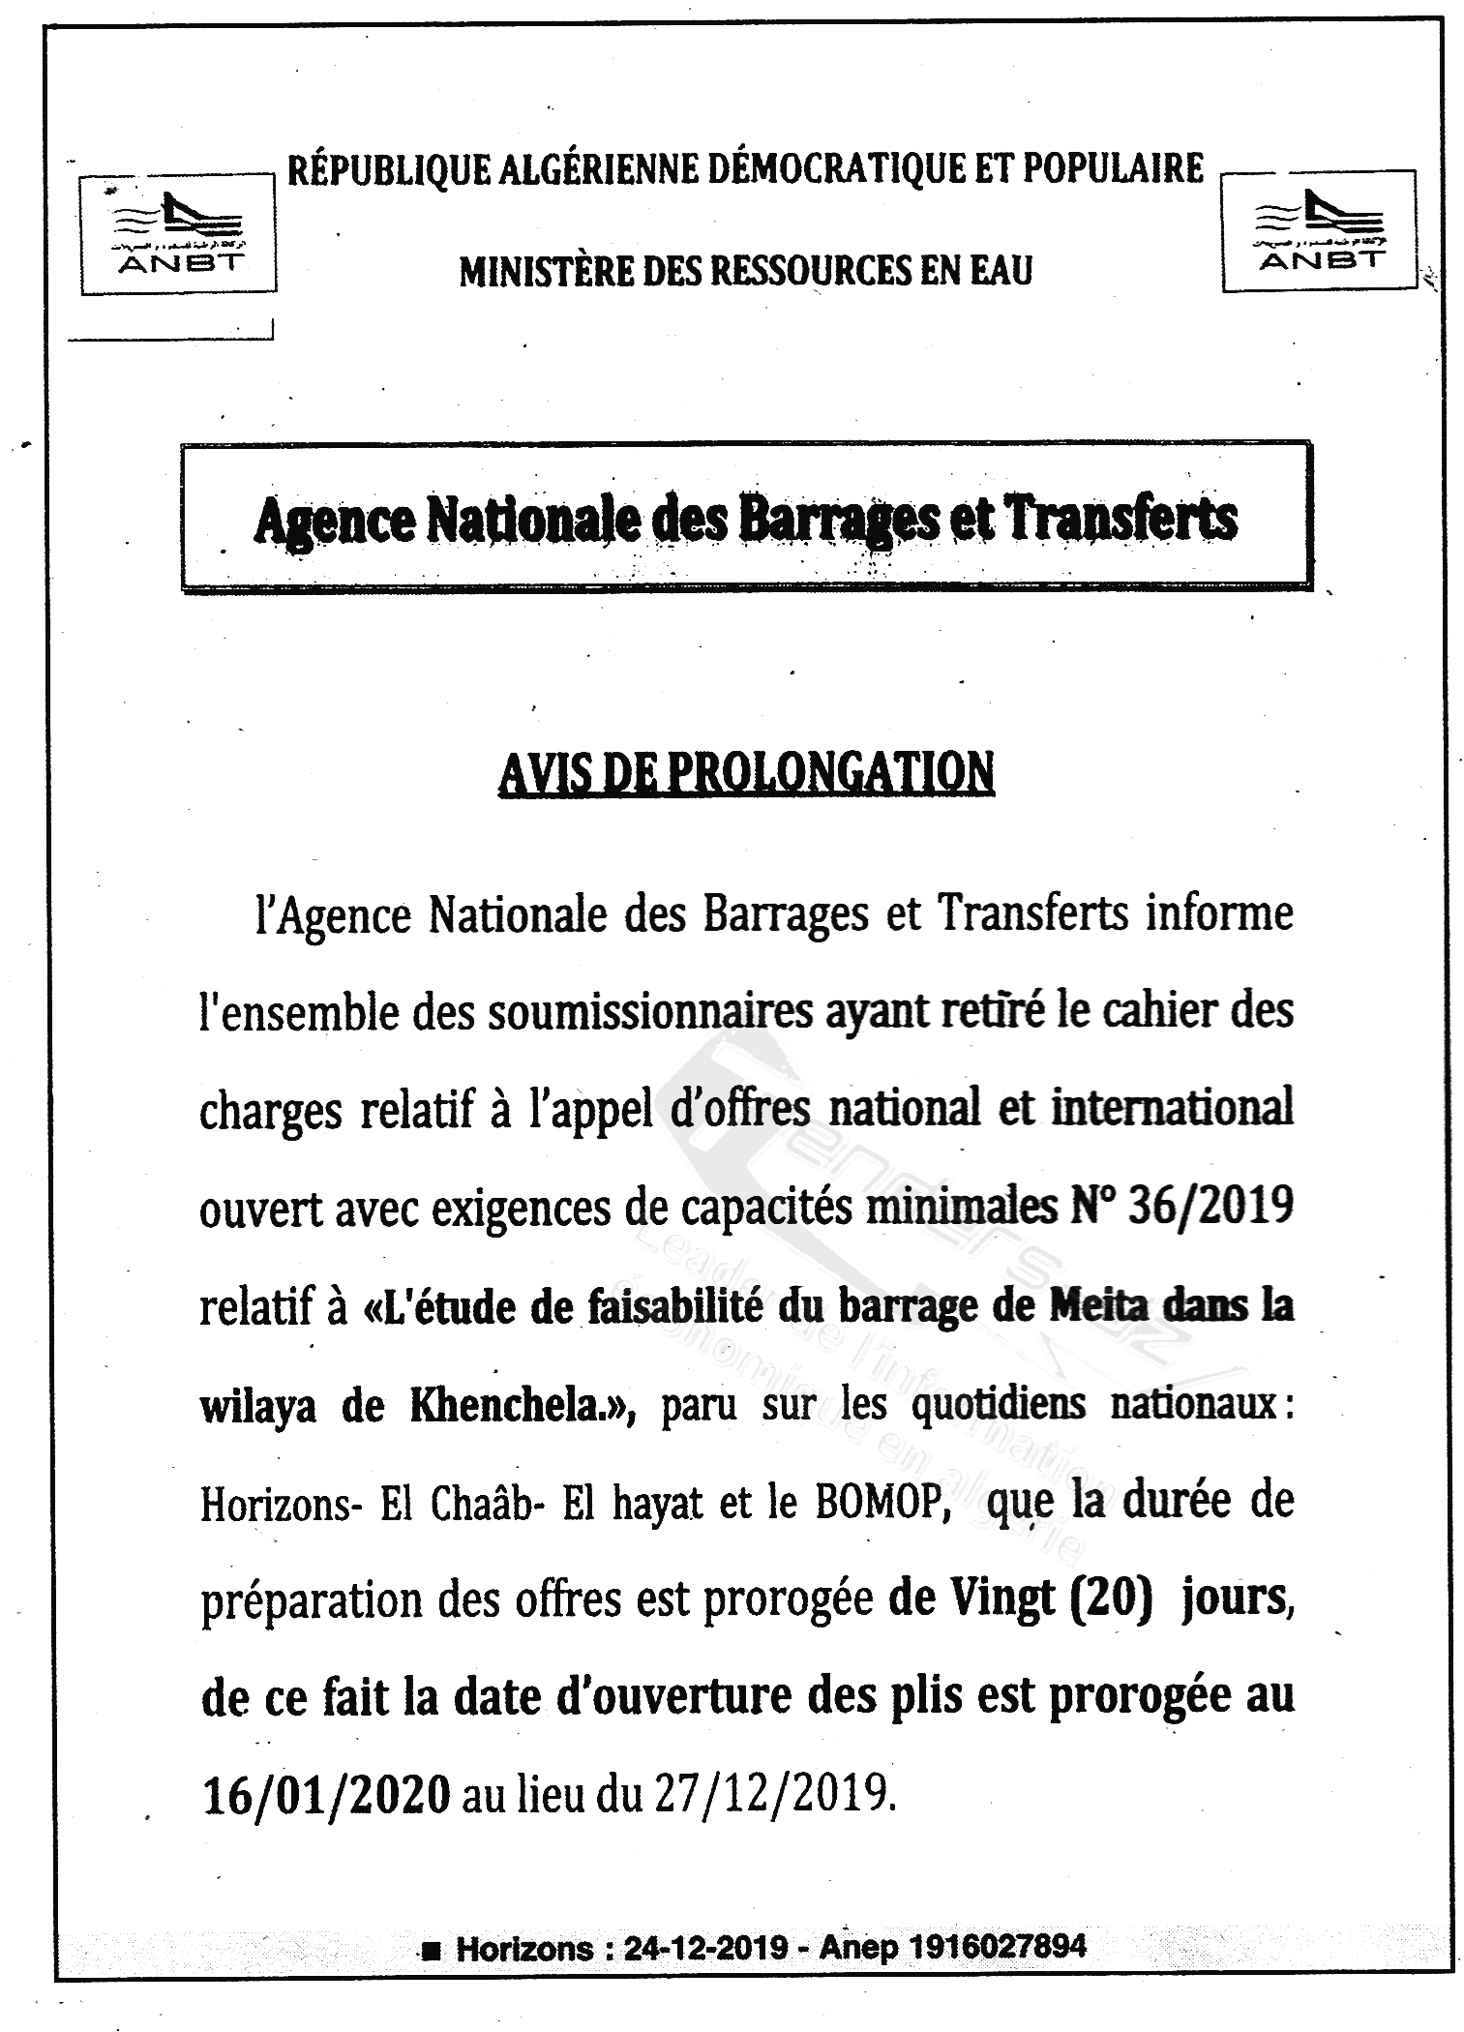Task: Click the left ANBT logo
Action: (179, 232)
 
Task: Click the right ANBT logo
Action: (1319, 230)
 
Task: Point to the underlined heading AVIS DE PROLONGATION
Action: (746, 773)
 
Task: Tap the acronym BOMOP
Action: (879, 1503)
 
